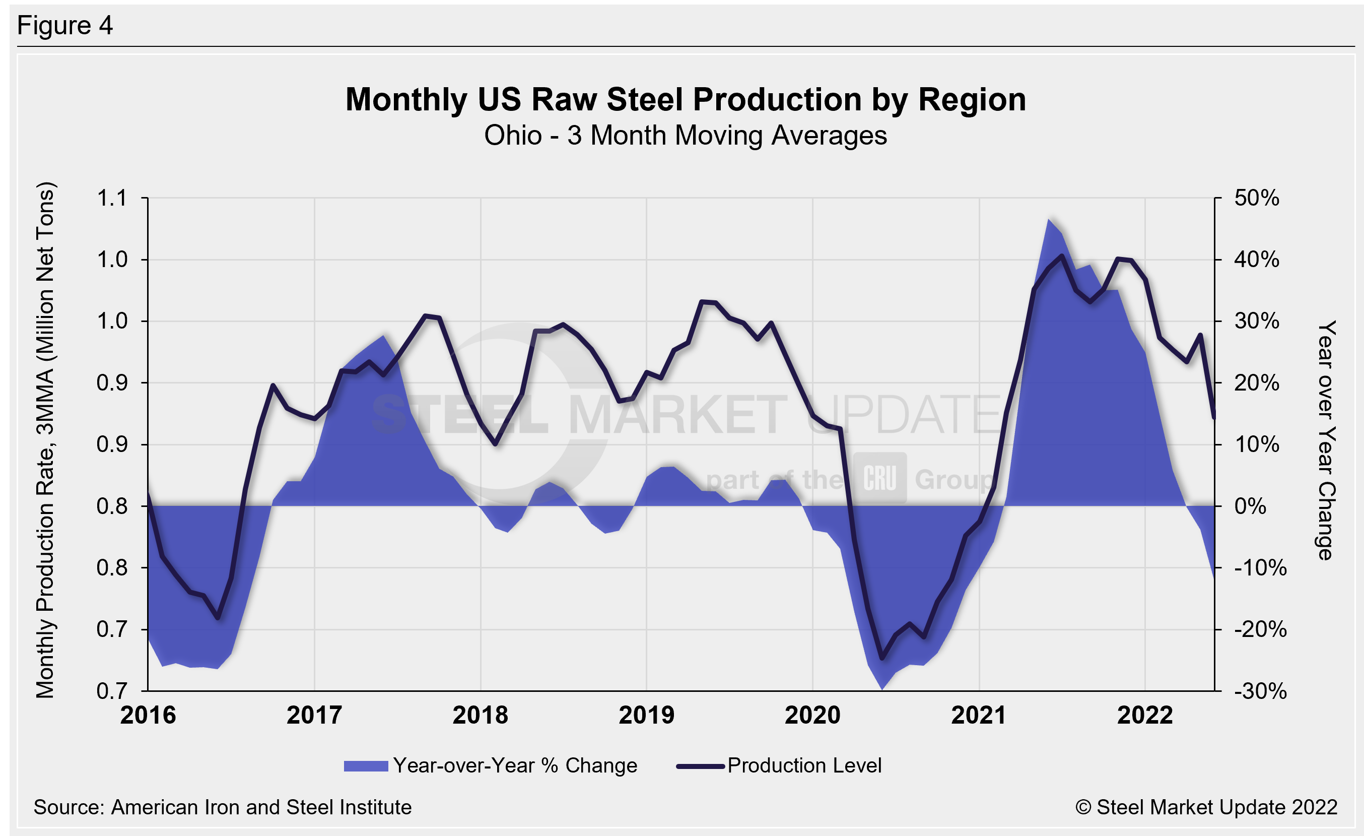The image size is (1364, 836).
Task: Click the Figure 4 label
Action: pos(65,26)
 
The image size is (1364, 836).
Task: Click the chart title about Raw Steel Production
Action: pos(686,100)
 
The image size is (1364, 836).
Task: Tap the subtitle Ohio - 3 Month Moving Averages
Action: pos(686,136)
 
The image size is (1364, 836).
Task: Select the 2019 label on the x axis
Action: pos(646,715)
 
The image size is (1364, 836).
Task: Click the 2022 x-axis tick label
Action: pos(1144,715)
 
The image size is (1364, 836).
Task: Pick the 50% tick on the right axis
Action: pos(1256,198)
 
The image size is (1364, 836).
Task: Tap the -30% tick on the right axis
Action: pos(1260,691)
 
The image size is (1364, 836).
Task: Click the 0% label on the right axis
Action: pos(1250,506)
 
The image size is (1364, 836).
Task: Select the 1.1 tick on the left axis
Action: pos(112,198)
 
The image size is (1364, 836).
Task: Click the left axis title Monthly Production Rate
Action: pos(45,440)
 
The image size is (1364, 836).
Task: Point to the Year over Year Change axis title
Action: pos(1326,440)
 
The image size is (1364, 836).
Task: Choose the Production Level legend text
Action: pos(804,765)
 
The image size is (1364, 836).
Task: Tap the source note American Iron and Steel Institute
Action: pos(223,807)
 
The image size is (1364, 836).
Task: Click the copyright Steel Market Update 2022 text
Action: pos(1206,807)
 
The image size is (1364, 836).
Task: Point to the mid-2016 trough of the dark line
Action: pos(218,618)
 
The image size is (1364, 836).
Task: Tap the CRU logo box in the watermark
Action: pos(879,478)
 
